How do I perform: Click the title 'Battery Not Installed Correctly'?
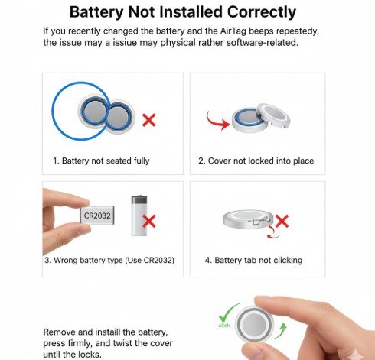(x=182, y=12)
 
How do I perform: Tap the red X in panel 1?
(x=150, y=120)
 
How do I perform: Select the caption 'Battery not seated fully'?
(x=101, y=161)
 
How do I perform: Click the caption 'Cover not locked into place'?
(x=256, y=161)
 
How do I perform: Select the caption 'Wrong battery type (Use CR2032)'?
(x=109, y=261)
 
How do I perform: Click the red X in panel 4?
(x=282, y=222)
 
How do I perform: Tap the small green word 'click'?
(x=224, y=325)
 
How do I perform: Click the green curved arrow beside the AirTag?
(x=282, y=329)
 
